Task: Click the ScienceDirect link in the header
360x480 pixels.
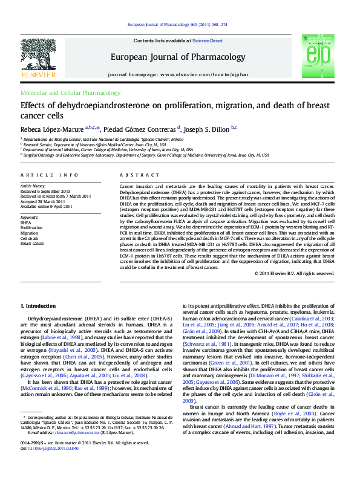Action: pyautogui.click(x=208, y=41)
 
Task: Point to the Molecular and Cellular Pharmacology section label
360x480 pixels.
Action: pyautogui.click(x=70, y=93)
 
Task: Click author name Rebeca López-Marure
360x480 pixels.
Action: pyautogui.click(x=52, y=128)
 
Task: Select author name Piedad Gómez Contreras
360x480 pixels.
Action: pyautogui.click(x=141, y=128)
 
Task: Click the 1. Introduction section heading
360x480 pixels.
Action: pyautogui.click(x=38, y=307)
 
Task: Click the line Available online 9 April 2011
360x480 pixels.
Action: pyautogui.click(x=46, y=206)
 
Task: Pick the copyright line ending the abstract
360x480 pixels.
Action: pyautogui.click(x=294, y=273)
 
